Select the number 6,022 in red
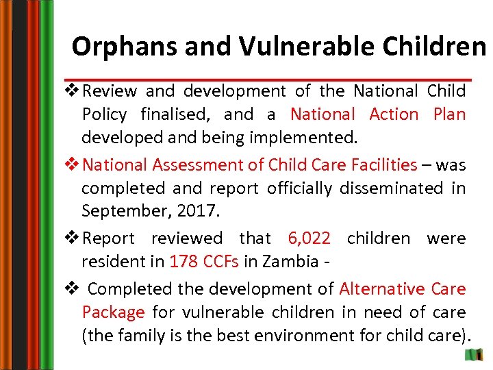point(309,238)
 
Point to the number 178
point(184,262)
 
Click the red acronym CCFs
point(223,262)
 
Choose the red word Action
point(394,114)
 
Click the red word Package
point(113,312)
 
